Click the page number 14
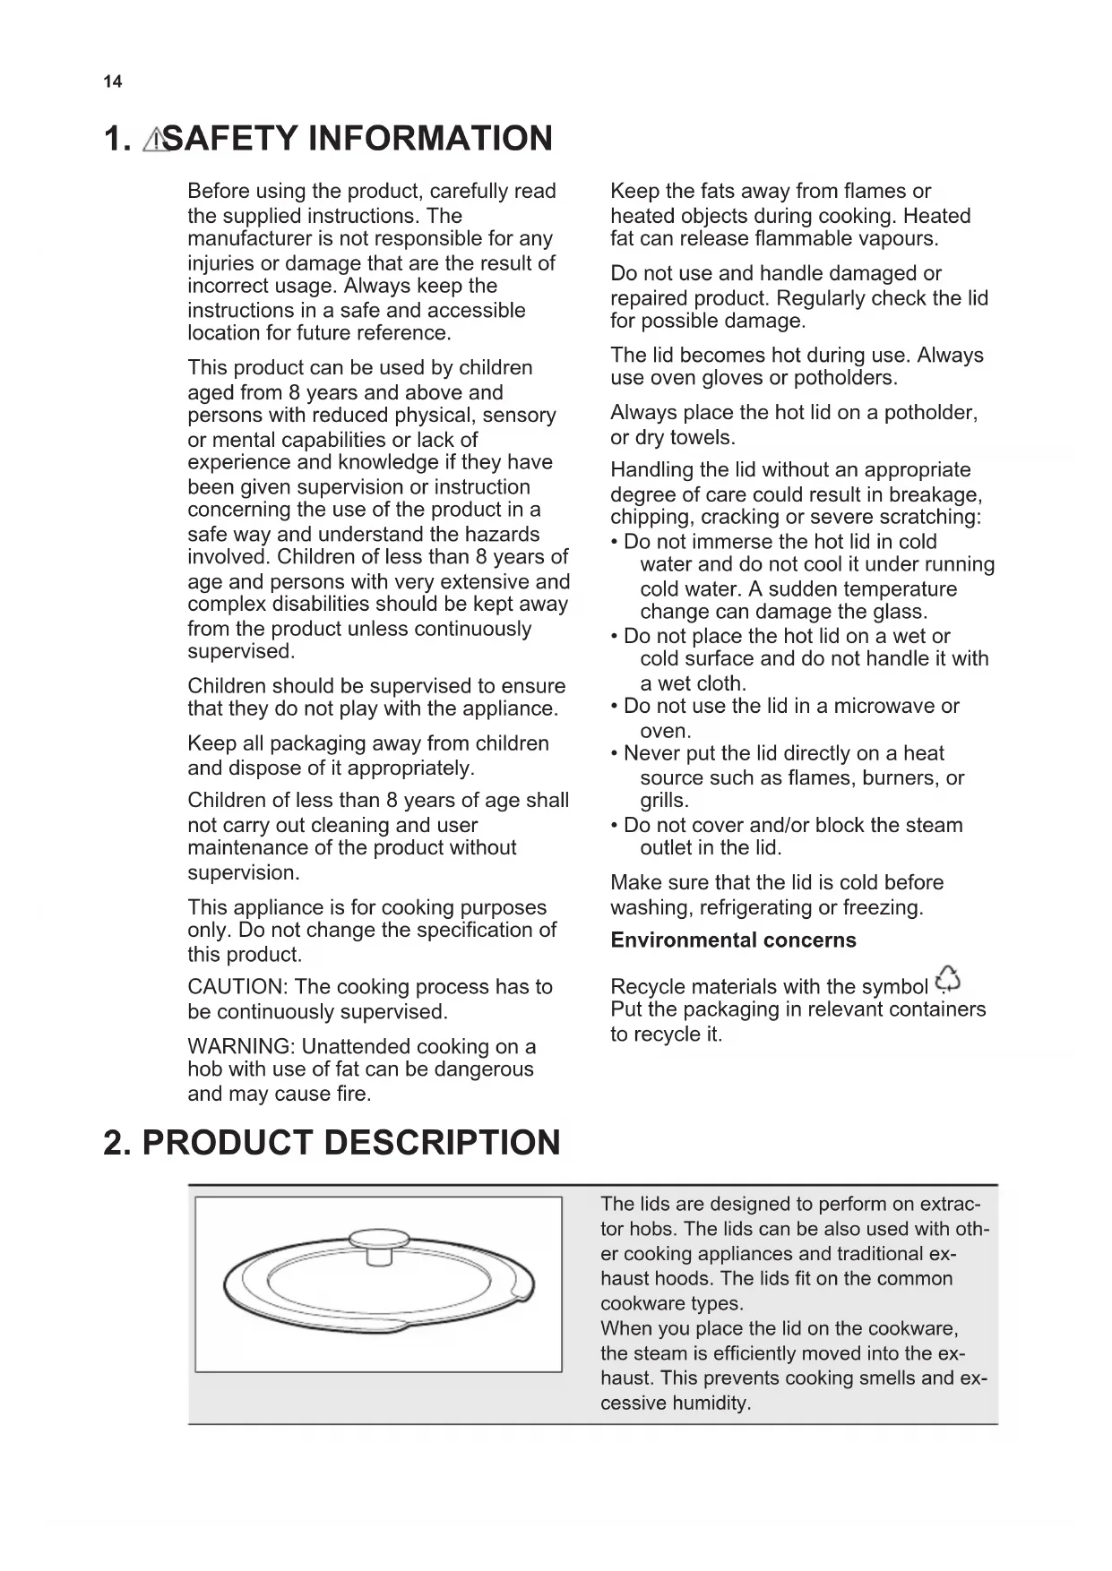click(112, 82)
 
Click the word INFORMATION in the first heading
click(430, 139)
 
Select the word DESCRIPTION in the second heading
click(442, 1143)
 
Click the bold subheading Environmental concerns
click(733, 940)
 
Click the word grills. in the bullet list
click(664, 801)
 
